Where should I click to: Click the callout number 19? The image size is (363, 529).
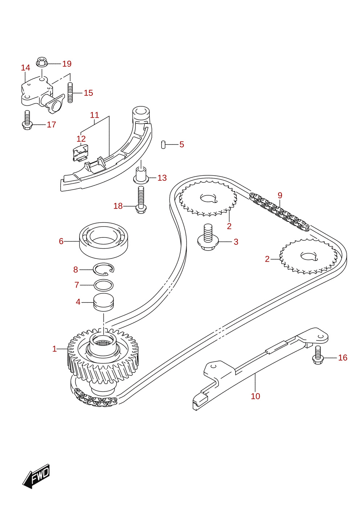click(x=67, y=64)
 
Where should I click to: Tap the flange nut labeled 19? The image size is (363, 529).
click(x=42, y=62)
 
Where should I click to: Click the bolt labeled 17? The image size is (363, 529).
click(x=27, y=120)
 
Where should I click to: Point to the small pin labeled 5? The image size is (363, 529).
click(x=163, y=145)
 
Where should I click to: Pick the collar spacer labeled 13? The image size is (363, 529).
click(x=141, y=175)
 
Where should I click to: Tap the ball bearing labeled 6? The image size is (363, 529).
click(x=103, y=240)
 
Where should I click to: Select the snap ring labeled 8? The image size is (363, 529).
click(x=103, y=269)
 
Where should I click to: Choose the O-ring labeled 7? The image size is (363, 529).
click(x=103, y=285)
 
